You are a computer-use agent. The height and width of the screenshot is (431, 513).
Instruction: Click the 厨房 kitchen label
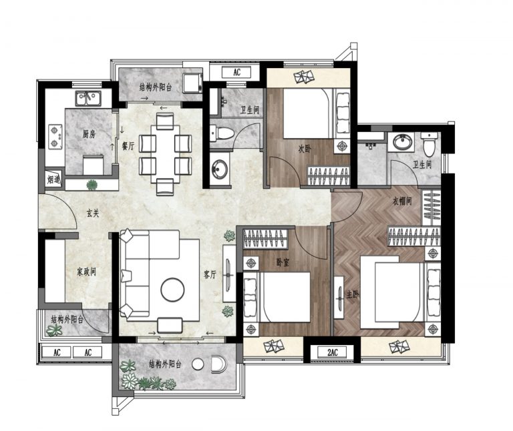[x=89, y=134]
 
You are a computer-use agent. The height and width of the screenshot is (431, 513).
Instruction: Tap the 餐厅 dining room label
[x=128, y=146]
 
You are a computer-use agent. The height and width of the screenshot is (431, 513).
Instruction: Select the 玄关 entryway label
[x=93, y=213]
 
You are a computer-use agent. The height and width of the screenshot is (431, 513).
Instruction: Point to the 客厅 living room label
[x=210, y=274]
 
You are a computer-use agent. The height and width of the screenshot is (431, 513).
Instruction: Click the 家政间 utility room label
[x=86, y=272]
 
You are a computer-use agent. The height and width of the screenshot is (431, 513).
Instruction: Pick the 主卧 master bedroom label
[x=353, y=295]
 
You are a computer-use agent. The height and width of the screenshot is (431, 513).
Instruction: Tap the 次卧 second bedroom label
[x=305, y=149]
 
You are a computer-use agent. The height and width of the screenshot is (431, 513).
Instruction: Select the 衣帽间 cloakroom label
[x=402, y=201]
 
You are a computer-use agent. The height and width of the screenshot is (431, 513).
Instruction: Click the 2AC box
[x=332, y=352]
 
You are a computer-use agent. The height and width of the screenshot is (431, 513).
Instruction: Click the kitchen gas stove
[x=55, y=137]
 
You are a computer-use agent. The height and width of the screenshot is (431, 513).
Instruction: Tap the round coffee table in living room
[x=172, y=290]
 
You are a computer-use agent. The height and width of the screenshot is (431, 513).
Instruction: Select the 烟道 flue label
[x=53, y=179]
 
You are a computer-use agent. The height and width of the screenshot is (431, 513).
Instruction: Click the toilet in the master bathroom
[x=428, y=143]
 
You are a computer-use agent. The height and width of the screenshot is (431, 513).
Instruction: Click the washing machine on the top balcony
[x=192, y=83]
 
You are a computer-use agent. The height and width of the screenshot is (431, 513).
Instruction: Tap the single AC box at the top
[x=236, y=72]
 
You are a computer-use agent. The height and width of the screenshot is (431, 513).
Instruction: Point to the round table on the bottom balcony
[x=198, y=364]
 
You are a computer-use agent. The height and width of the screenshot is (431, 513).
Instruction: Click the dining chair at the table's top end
[x=165, y=121]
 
